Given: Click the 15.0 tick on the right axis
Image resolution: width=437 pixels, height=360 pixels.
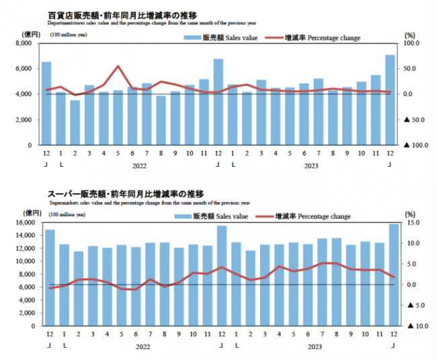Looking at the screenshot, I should pos(412,223).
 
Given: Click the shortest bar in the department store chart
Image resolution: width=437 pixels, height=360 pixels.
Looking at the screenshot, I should pos(75,122).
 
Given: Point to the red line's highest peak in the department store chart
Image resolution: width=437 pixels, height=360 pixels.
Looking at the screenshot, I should pos(118,66).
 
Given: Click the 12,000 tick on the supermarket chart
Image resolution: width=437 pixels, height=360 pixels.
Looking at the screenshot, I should pos(22,248).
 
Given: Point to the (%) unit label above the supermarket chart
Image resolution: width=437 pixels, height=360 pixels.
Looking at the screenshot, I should pos(410,214).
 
